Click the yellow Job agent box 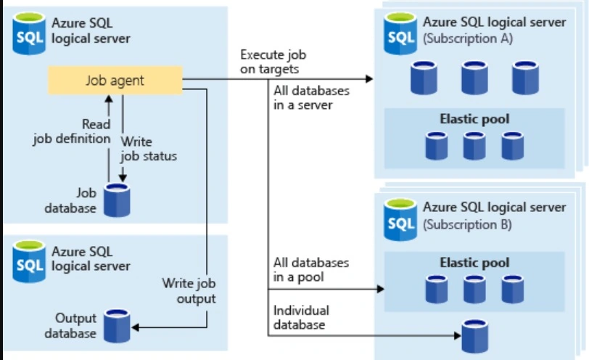pos(115,80)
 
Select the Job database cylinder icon pos(117,200)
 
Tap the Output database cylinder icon pos(117,326)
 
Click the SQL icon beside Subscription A pos(400,33)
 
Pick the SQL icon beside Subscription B pos(400,219)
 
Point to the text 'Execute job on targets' pos(273,62)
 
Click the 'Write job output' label pos(189,291)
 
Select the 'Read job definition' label pos(72,131)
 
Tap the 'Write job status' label pos(149,149)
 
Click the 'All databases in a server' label pos(311,98)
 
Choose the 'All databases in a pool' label pos(311,269)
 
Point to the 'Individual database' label pos(301,317)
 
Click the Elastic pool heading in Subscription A pos(474,119)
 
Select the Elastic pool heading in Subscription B pos(474,263)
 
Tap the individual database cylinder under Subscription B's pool pos(475,336)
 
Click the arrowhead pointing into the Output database pos(135,327)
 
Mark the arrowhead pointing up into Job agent pos(109,99)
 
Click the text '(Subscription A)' pos(468,38)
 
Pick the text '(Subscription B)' pos(467,225)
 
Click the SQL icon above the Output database pos(29,261)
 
